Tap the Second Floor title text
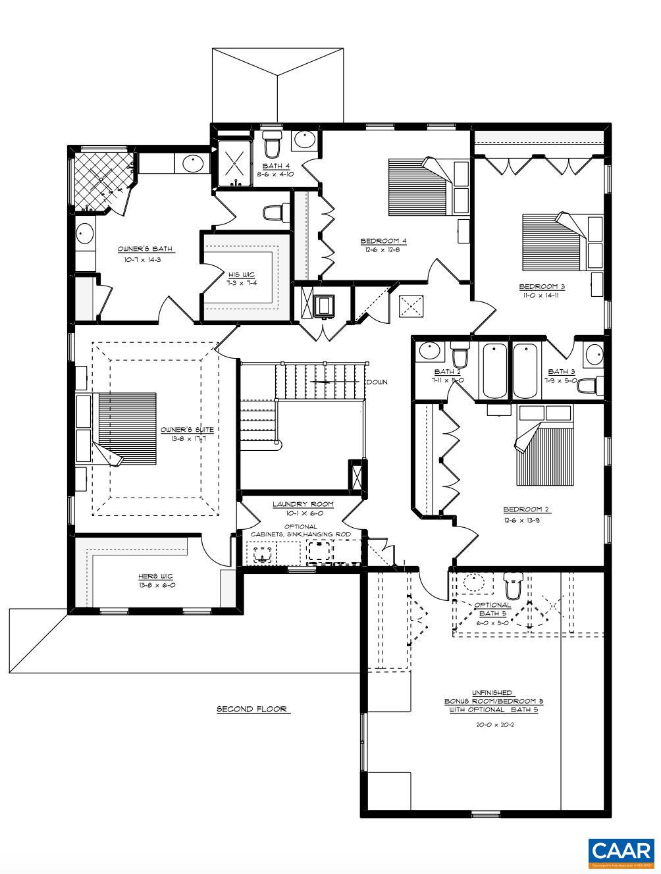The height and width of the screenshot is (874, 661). pos(253,709)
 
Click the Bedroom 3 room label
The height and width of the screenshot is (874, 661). pos(542,286)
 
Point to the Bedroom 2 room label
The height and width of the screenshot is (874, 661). pos(526,509)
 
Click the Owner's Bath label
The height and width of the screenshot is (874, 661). pos(145,249)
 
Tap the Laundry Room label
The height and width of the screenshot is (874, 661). pos(303,504)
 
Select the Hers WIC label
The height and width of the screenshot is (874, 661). pos(156,576)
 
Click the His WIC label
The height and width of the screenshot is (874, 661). pos(242,274)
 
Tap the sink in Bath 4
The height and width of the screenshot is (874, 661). pos(304,140)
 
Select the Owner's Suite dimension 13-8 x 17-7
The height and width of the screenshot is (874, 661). pos(188,438)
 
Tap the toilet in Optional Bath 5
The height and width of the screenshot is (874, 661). pos(513,584)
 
